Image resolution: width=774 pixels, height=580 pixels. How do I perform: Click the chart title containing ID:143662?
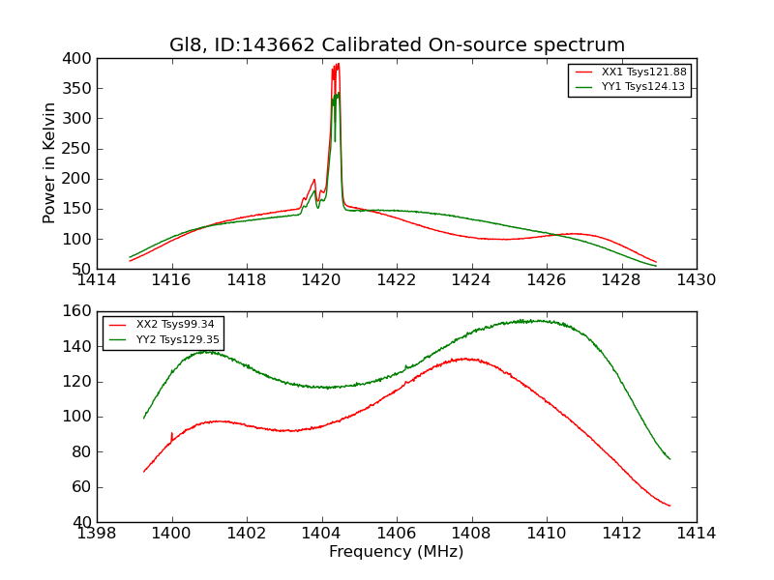397,45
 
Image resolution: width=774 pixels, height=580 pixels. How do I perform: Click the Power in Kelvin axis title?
49,163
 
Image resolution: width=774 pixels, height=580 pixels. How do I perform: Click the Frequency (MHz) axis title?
397,552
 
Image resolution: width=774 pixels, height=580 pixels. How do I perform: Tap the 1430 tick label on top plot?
697,280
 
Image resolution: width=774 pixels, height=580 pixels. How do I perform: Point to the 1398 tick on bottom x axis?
97,534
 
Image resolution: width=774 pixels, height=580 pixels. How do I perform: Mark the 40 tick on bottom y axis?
81,522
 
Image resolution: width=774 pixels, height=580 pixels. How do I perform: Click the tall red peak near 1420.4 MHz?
337,66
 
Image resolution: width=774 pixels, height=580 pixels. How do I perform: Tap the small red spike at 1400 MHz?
171,434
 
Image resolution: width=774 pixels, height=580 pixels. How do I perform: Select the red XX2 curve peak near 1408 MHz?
466,359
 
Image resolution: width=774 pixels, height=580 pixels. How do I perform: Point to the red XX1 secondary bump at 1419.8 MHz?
314,180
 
